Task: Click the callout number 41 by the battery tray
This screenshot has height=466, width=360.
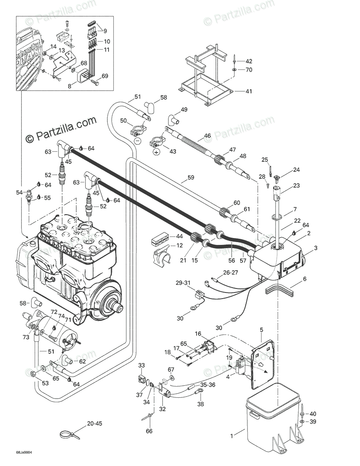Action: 249,92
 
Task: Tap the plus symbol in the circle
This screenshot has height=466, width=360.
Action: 156,152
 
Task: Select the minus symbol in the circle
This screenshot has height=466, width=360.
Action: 137,141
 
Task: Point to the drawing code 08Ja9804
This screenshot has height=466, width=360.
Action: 24,452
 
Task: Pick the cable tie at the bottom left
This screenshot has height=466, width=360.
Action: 69,435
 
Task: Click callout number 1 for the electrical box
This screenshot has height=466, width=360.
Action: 232,436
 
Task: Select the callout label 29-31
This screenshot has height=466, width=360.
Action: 183,283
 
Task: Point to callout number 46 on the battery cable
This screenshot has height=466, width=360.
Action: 207,136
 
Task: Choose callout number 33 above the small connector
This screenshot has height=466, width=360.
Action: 142,366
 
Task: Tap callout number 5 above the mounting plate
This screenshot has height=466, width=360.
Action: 261,330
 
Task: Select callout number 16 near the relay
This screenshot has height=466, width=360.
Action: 198,334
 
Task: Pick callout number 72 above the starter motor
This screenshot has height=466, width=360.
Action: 54,313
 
